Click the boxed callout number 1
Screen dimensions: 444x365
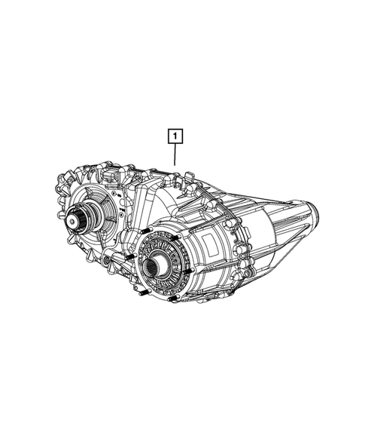point(175,136)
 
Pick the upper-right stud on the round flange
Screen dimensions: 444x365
point(176,238)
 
